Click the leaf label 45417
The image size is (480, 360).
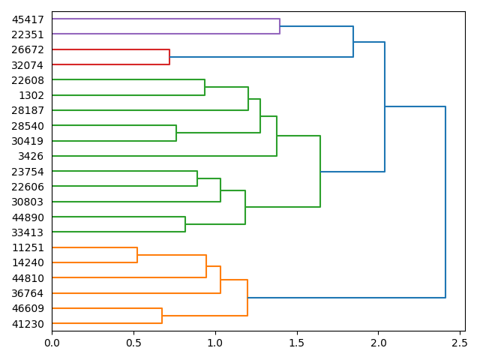[x=28, y=19]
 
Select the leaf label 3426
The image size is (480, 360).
[x=31, y=156]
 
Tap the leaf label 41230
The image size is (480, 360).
[x=28, y=324]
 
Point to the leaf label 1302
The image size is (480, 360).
[x=31, y=95]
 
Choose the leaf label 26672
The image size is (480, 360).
[x=28, y=49]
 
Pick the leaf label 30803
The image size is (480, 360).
[x=28, y=202]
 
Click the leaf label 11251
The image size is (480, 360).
[x=28, y=247]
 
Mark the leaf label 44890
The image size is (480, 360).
[x=28, y=217]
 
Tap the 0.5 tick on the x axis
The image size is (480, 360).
[x=133, y=331]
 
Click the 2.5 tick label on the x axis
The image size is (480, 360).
[x=460, y=343]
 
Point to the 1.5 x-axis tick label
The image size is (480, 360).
[x=297, y=343]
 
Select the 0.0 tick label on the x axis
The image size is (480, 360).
[x=52, y=343]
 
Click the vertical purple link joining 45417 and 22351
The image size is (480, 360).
[x=280, y=26]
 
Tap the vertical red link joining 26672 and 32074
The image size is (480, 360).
[x=169, y=57]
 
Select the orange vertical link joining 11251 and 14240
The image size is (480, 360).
[x=137, y=255]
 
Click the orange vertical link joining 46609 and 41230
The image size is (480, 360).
[x=162, y=316]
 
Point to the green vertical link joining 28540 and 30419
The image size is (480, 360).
[x=176, y=133]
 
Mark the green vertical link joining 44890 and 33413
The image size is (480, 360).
[x=185, y=225]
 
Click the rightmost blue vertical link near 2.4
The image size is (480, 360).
[x=445, y=202]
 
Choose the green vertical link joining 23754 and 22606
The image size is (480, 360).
[x=197, y=178]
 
